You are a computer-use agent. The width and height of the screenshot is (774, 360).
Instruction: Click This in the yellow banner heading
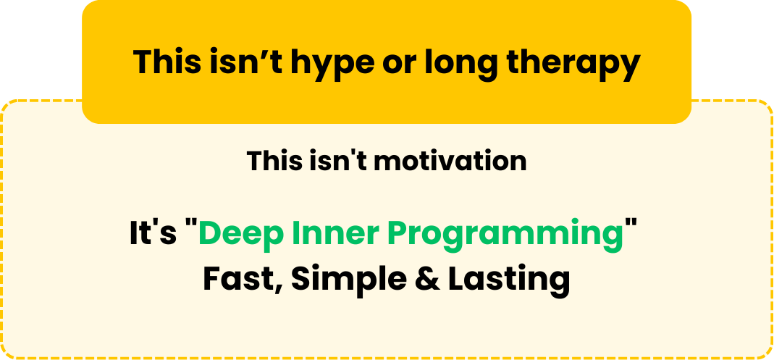[x=167, y=62]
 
